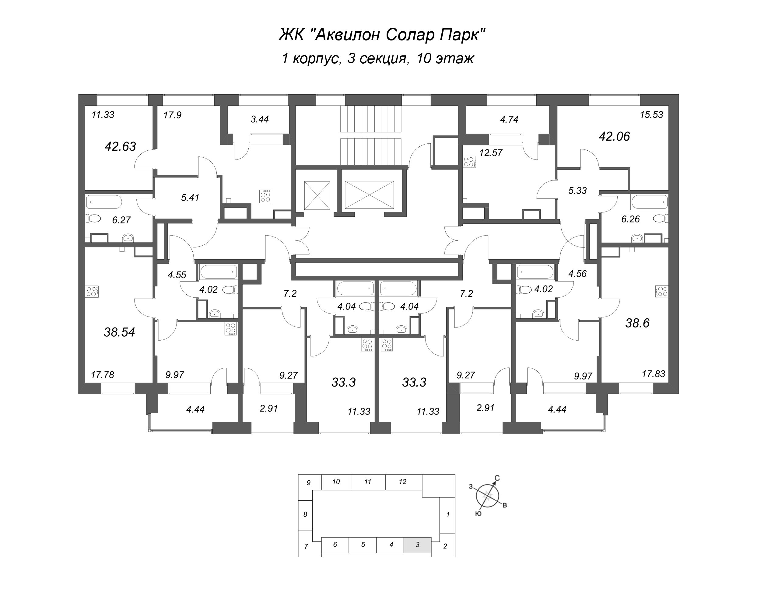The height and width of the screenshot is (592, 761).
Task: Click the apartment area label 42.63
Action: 120,146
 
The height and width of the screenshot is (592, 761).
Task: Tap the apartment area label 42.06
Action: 614,136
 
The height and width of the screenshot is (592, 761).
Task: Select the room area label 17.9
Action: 173,115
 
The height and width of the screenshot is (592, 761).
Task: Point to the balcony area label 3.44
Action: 260,119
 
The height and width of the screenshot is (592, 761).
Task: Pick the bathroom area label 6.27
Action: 121,220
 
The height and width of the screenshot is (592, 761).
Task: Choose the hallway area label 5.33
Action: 577,191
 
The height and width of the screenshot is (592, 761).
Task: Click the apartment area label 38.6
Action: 637,323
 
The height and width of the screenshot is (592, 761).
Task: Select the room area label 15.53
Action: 651,115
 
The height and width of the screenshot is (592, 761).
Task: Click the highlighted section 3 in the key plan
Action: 417,545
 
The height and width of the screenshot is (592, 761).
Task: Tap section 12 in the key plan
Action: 403,482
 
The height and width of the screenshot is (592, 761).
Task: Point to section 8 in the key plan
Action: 305,514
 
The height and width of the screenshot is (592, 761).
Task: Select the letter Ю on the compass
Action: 479,513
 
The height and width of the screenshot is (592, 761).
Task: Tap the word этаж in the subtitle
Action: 454,58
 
